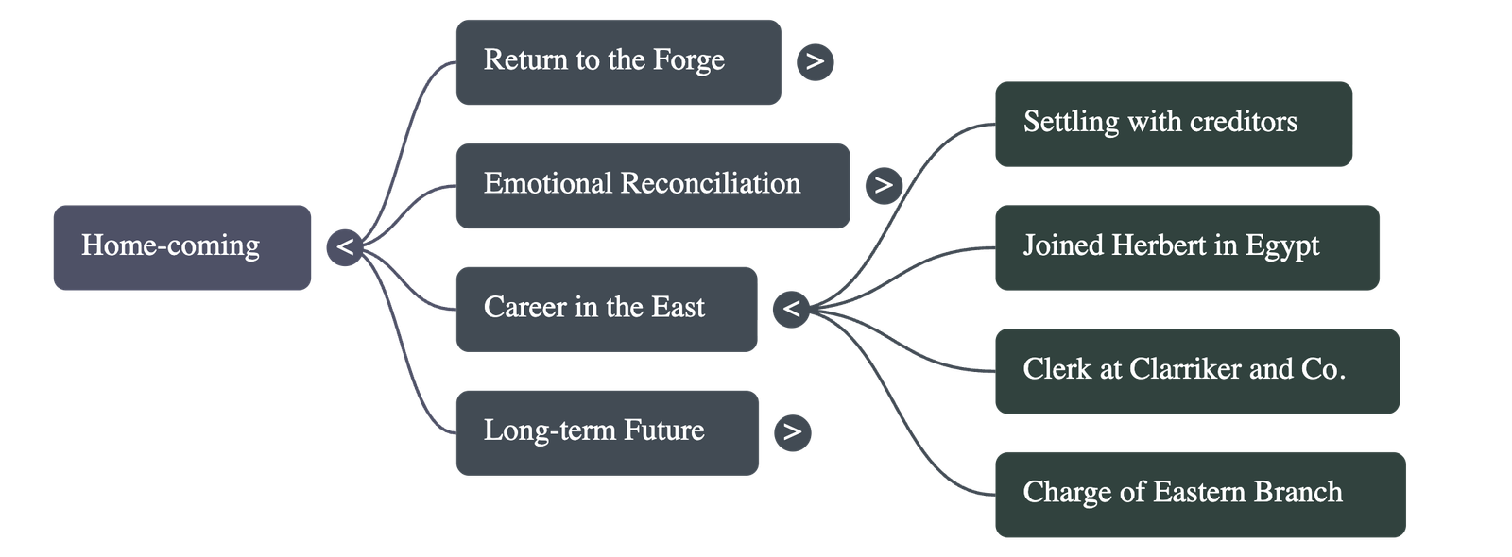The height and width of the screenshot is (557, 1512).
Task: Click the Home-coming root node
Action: coord(181,247)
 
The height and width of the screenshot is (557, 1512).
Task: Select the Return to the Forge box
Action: coord(617,62)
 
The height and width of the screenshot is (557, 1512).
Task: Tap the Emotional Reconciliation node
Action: coord(652,185)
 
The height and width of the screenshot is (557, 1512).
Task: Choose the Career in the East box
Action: coord(606,309)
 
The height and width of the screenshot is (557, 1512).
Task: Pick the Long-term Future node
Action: coord(606,432)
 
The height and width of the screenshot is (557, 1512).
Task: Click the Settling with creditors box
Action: coord(1173,124)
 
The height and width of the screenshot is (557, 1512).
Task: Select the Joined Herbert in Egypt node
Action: coord(1186,247)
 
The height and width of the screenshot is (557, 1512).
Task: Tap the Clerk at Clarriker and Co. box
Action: coord(1196,371)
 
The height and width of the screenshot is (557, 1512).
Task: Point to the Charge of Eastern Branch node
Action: coord(1199,495)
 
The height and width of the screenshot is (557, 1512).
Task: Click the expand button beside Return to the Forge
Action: coord(815,62)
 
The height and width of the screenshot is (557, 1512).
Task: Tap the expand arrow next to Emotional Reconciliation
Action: coord(883,185)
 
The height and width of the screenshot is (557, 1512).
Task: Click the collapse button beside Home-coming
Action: coord(345,247)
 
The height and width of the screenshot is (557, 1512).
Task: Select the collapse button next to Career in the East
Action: coord(791,309)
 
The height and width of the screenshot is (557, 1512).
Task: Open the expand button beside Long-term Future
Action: coord(792,432)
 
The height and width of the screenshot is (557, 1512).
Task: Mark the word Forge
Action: coord(689,61)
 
